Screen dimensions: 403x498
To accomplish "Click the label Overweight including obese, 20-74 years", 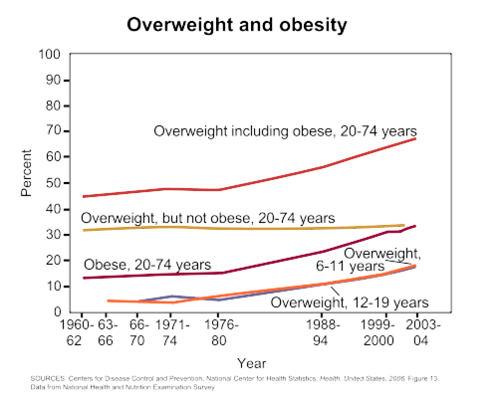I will click(x=284, y=130).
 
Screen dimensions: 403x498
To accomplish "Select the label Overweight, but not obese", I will click(x=207, y=217).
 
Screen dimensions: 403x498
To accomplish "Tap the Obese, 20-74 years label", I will click(x=146, y=264).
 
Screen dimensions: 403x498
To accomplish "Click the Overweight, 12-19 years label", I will click(x=350, y=302).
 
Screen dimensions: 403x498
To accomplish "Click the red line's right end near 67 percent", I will click(x=415, y=139).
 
